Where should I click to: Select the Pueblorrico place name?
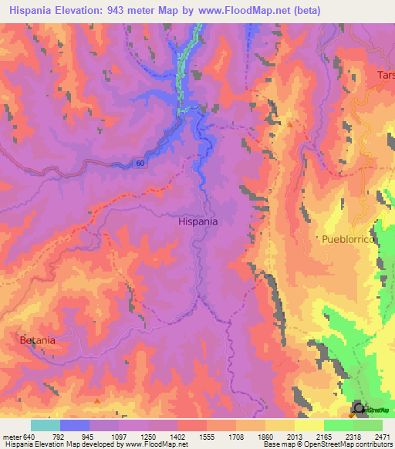349,240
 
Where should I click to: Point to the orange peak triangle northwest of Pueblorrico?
290,123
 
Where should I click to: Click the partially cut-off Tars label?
385,76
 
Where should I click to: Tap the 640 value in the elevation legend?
27,436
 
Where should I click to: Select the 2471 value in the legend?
383,436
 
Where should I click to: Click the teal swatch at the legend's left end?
46,425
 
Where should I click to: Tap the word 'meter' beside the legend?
10,436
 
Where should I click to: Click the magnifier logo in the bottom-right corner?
359,409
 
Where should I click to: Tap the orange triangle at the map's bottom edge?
96,400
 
